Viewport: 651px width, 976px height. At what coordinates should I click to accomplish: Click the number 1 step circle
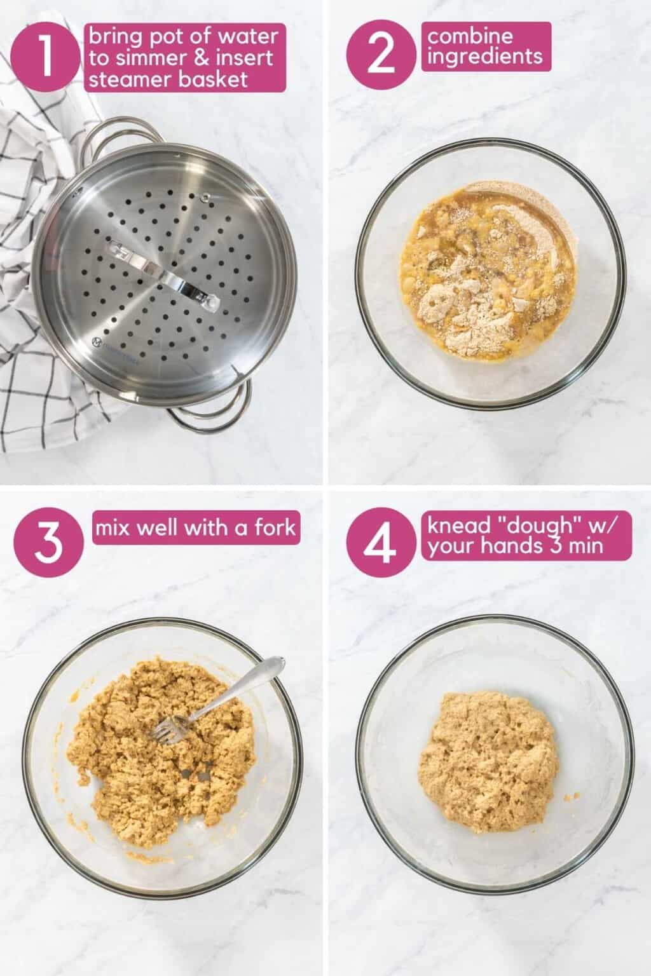[45, 57]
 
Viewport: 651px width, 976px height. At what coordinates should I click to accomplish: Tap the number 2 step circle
[381, 55]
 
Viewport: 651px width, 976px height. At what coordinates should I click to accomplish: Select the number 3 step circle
[48, 543]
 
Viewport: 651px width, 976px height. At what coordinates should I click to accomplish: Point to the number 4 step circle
[381, 543]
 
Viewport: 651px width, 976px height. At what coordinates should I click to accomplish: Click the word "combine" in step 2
[470, 36]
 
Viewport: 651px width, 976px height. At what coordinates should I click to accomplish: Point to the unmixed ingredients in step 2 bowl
[488, 270]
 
